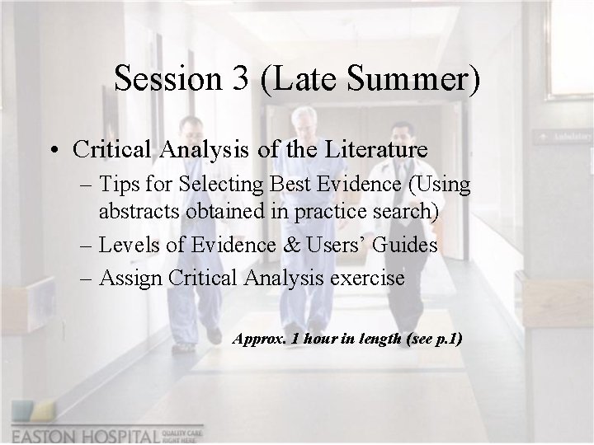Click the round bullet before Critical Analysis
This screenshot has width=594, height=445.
54,151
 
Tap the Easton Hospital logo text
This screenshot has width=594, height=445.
87,434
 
